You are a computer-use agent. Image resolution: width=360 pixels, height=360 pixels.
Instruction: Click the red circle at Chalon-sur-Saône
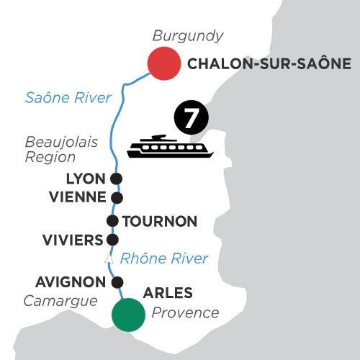coord(164,63)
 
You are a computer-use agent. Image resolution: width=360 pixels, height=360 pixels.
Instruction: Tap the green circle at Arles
coord(128,315)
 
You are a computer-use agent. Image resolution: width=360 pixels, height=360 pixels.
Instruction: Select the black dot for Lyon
coord(116,179)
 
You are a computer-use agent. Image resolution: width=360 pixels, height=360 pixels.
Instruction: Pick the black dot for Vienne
coord(117,198)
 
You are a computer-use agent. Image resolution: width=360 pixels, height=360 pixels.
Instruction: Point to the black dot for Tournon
coord(112,221)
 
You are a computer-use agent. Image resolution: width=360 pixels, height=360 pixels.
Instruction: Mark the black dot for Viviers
coord(112,240)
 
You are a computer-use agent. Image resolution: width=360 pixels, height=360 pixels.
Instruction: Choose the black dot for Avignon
coord(117,282)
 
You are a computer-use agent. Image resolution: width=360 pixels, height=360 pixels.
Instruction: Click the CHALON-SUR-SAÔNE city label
coord(269,63)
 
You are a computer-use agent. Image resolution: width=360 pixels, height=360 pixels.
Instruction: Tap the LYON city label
coord(86,179)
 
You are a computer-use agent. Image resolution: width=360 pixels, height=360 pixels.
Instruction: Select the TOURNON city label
coord(160,221)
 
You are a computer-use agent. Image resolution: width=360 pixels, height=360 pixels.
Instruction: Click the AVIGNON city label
coord(71,282)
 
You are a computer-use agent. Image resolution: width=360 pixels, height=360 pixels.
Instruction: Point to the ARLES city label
coord(168,293)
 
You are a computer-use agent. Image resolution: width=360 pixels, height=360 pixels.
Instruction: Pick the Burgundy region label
coord(188,37)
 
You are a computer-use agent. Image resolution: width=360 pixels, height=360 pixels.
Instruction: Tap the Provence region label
coord(185,312)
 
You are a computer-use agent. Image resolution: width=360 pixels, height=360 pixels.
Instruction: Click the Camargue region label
coord(60,302)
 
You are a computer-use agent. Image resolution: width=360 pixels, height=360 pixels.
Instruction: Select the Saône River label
coord(68,98)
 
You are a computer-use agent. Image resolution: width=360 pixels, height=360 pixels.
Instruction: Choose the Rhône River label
coord(164,258)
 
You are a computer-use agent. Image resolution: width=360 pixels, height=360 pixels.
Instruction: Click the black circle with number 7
coord(192,117)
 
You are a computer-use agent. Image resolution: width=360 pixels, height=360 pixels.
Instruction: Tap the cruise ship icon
coord(170,146)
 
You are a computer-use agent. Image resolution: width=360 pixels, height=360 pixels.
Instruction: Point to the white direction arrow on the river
coord(109,258)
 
